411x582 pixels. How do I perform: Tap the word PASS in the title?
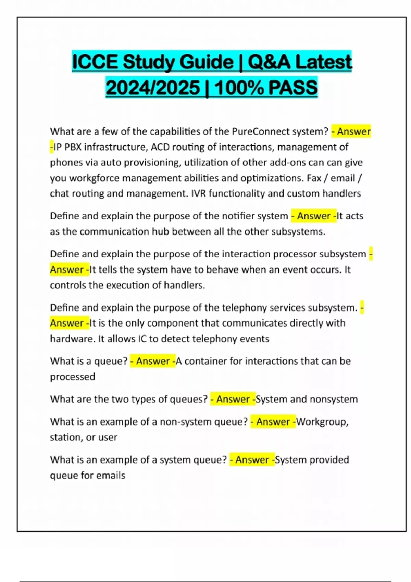click(x=293, y=88)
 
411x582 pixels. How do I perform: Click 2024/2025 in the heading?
click(x=153, y=88)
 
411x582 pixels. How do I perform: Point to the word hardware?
click(x=72, y=339)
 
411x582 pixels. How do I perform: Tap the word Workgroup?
click(x=322, y=422)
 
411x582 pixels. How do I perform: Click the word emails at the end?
click(x=110, y=475)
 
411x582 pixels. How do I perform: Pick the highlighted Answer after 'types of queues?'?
click(x=233, y=399)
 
